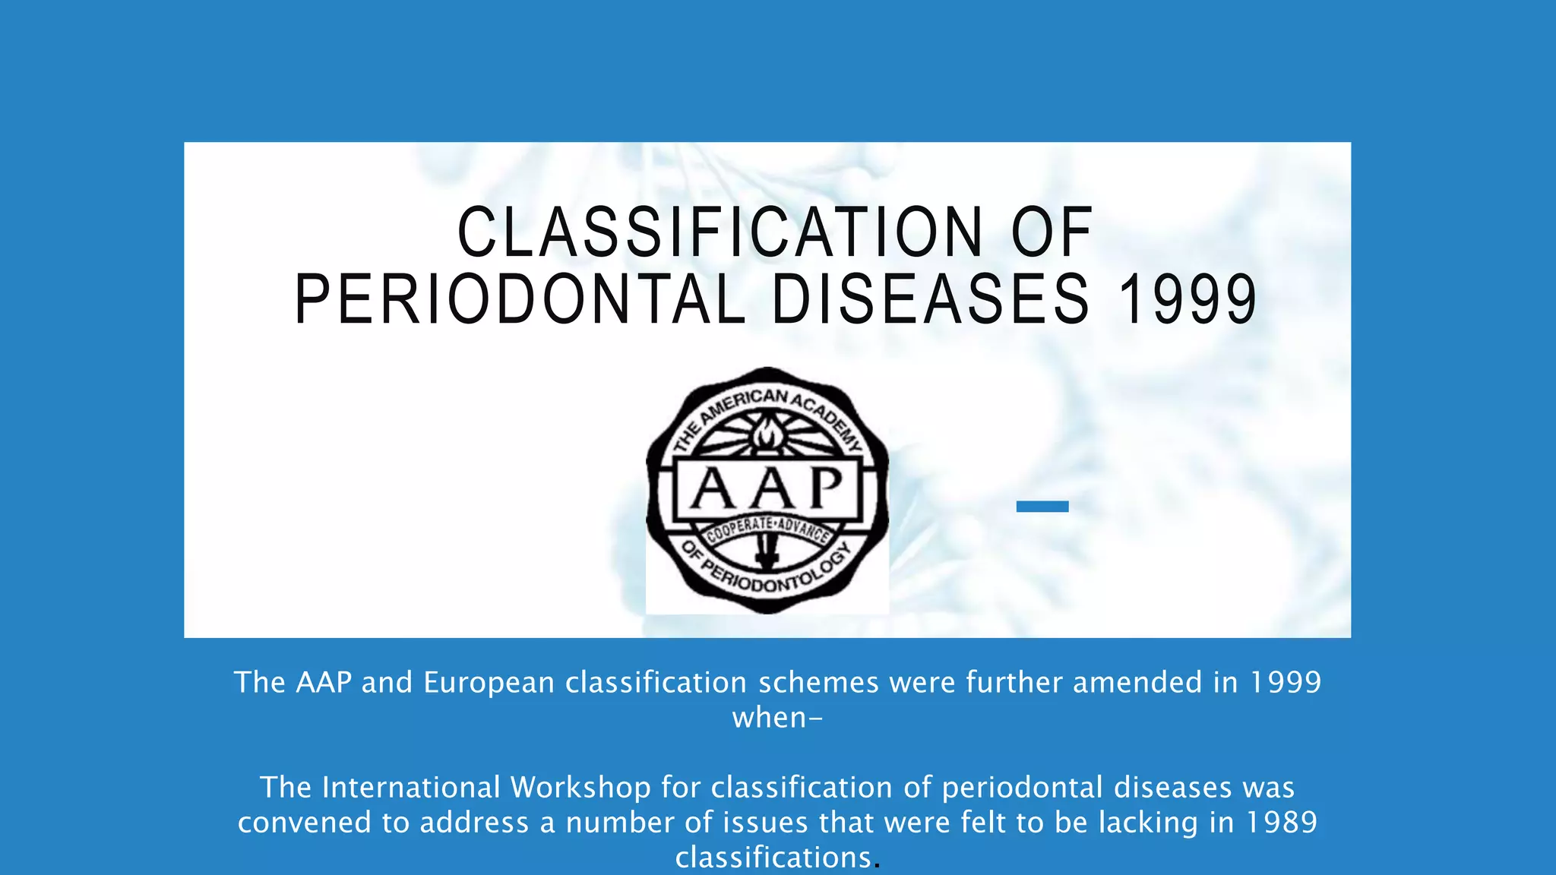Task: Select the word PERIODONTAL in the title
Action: click(520, 300)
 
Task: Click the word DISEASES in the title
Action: click(931, 300)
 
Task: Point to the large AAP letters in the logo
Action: click(767, 488)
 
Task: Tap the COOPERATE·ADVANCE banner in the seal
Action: click(767, 529)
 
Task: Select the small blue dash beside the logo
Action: click(1042, 507)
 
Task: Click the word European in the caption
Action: click(489, 683)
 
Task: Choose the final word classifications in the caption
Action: click(773, 858)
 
